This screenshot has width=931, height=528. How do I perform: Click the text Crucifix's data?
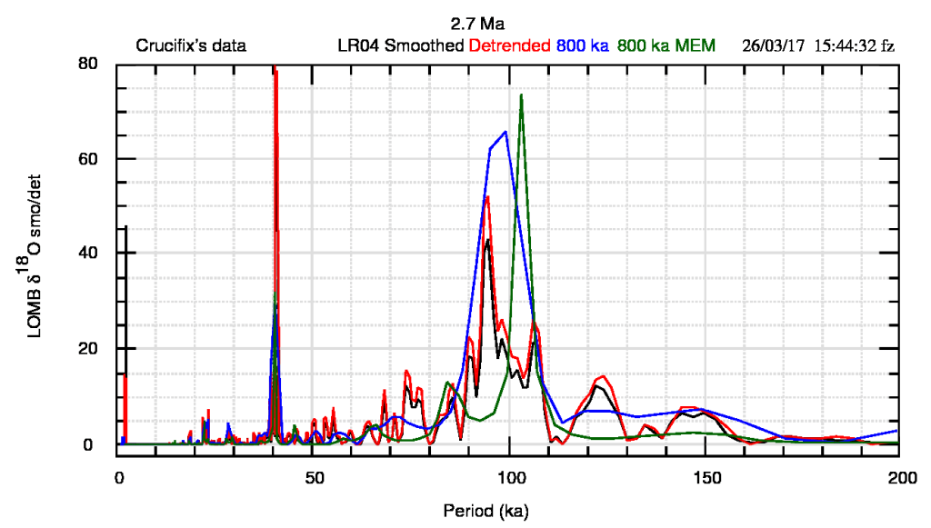point(191,45)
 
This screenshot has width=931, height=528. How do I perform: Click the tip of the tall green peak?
point(521,95)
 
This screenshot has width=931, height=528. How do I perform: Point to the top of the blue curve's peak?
point(506,132)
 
